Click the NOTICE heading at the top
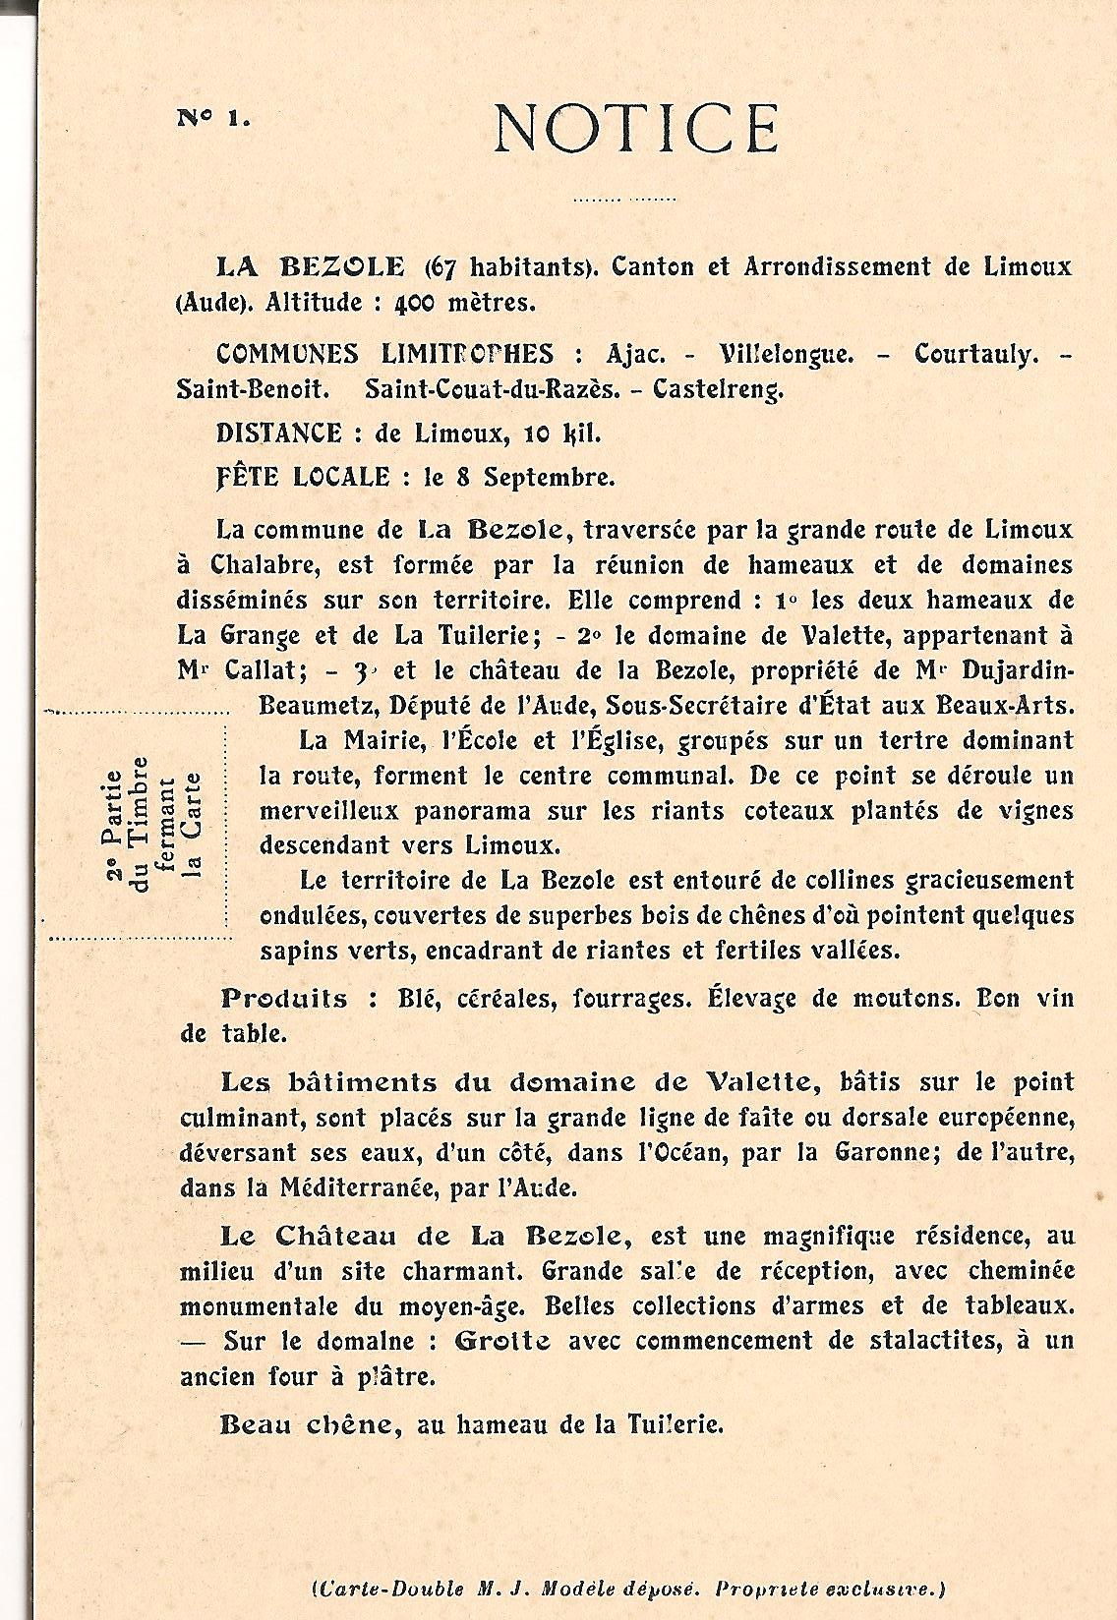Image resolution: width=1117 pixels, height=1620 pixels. (x=636, y=128)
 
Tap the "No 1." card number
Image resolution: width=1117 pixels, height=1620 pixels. (x=212, y=118)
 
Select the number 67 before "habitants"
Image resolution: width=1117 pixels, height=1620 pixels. (x=443, y=266)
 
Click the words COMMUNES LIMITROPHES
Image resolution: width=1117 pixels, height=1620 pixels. (x=384, y=354)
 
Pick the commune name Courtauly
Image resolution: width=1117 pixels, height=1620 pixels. (x=975, y=354)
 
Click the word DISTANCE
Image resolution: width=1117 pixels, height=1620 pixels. (x=278, y=434)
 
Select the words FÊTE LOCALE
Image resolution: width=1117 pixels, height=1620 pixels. (x=302, y=478)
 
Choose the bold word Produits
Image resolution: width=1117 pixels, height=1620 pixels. (x=284, y=999)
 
